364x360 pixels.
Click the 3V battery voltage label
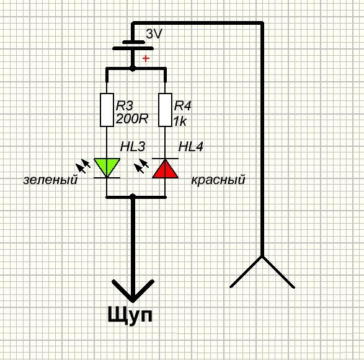(x=154, y=34)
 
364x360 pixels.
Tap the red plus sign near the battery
(x=146, y=58)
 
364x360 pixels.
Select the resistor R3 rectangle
(x=107, y=110)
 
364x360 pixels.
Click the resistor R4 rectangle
(x=165, y=110)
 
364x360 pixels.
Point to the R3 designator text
(x=125, y=106)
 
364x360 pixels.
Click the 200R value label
(x=132, y=119)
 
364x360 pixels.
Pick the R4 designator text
(x=183, y=106)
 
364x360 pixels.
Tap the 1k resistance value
(x=180, y=121)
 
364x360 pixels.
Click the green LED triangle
(x=107, y=167)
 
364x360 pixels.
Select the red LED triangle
(x=165, y=169)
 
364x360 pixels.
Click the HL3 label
(x=133, y=147)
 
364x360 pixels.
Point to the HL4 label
(x=191, y=147)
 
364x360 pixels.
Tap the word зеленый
(x=50, y=180)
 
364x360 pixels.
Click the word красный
(x=218, y=180)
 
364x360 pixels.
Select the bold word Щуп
(x=130, y=315)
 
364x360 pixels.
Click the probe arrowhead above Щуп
(x=133, y=291)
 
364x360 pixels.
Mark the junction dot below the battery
(x=132, y=68)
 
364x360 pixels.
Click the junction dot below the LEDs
(x=132, y=197)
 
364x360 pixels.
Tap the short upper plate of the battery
(x=133, y=42)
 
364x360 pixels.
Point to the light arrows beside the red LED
(x=141, y=165)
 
